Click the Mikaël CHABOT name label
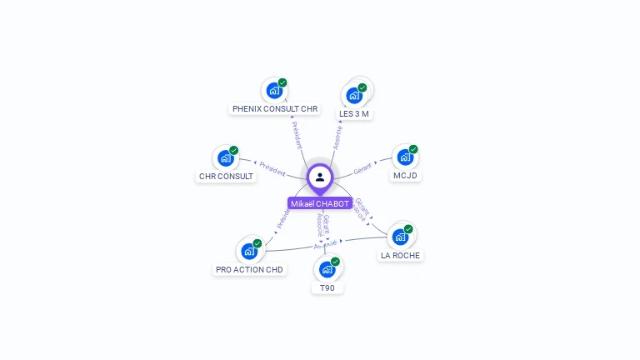(x=320, y=203)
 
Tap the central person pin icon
(x=320, y=177)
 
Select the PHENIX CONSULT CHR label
(x=275, y=108)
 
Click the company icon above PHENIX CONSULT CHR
(x=273, y=91)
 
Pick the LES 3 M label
(x=354, y=113)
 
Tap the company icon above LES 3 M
(x=354, y=95)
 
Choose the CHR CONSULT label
(x=226, y=176)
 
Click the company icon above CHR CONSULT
(x=225, y=158)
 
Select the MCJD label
(x=405, y=175)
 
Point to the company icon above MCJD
(x=404, y=157)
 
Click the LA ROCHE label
(x=400, y=255)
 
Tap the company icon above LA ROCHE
(x=400, y=237)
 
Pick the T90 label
(x=327, y=287)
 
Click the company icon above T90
(x=327, y=269)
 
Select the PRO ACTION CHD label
(x=249, y=269)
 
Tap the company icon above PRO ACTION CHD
(x=249, y=251)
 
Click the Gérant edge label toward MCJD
(x=362, y=169)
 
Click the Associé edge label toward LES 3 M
(x=337, y=137)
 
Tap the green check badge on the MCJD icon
(x=413, y=149)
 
